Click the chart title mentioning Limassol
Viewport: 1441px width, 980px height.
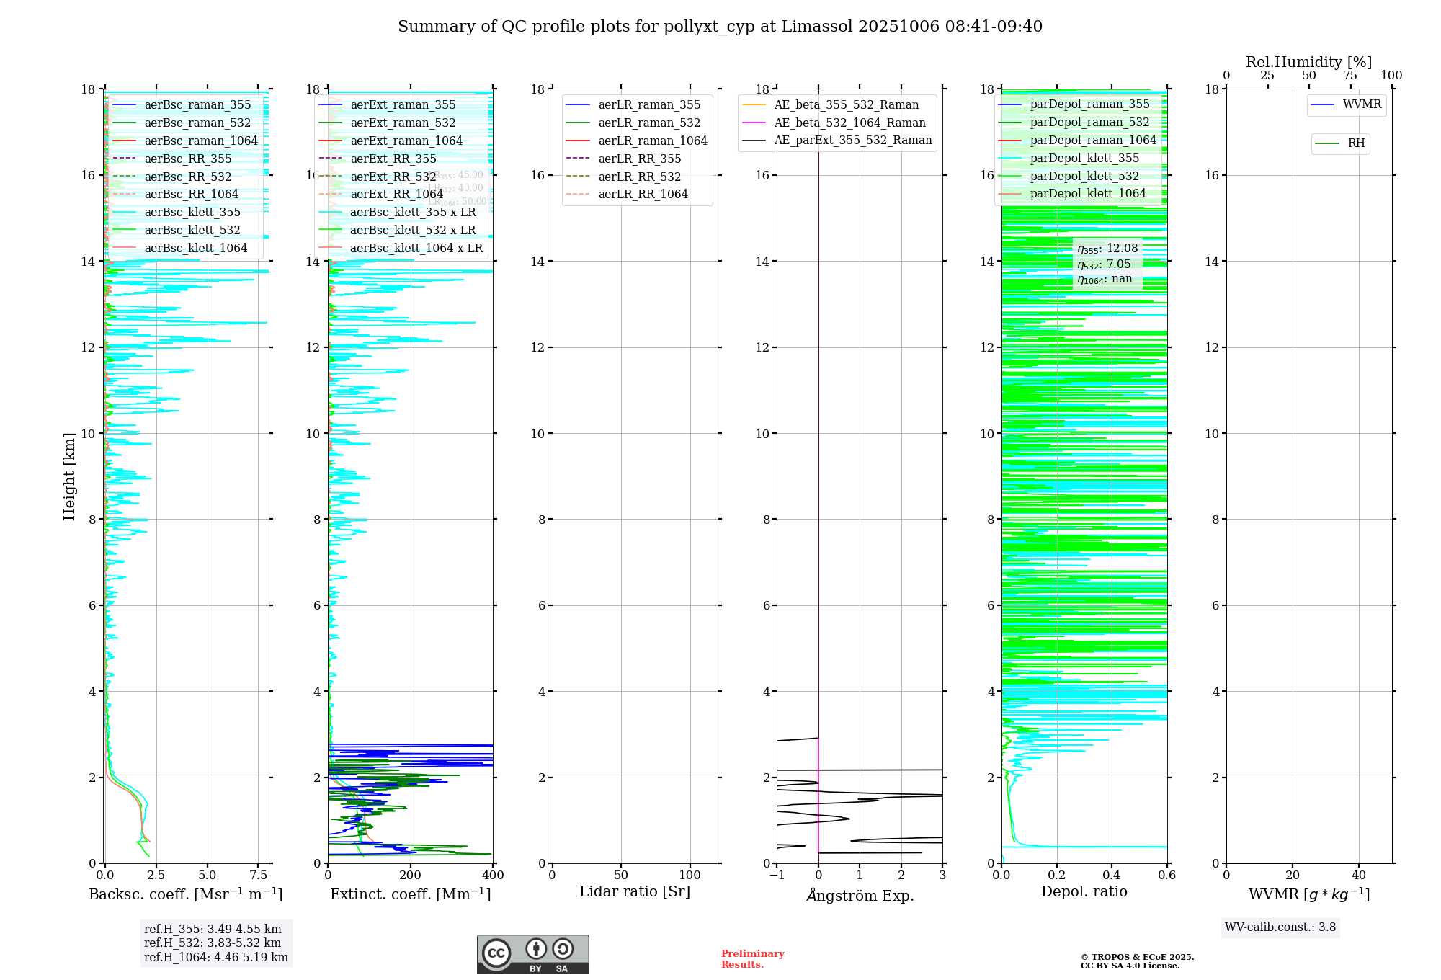(720, 27)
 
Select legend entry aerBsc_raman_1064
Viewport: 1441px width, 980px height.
(200, 141)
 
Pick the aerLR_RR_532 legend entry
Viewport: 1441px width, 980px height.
(639, 177)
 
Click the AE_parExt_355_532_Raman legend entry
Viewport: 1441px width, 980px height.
(852, 141)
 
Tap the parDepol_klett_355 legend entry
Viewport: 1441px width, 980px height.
(1084, 158)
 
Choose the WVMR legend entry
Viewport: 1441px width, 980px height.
(1361, 104)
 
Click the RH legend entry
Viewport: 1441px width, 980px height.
(1355, 143)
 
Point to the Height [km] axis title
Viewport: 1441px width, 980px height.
(69, 476)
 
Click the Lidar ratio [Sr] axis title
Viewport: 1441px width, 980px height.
(635, 891)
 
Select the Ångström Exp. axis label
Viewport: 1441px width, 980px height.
(860, 895)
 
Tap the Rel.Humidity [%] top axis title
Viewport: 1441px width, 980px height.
(1308, 62)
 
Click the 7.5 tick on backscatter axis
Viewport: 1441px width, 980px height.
(259, 876)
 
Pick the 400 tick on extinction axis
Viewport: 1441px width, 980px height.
(494, 876)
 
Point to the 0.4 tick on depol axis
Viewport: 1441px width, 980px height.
(1112, 876)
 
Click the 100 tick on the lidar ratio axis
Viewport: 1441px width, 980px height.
(690, 876)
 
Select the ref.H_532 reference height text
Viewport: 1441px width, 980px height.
(213, 943)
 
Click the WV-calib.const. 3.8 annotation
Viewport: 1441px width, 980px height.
(1280, 927)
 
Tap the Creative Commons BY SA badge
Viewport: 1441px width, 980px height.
(532, 954)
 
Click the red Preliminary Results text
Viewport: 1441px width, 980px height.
(752, 959)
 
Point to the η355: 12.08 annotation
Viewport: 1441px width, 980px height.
(1107, 249)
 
